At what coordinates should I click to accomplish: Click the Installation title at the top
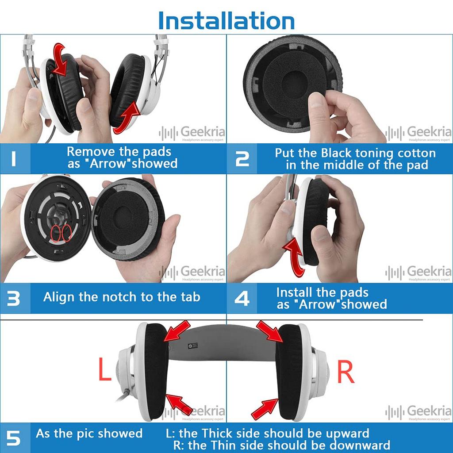point(226,20)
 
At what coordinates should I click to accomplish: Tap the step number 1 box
point(15,158)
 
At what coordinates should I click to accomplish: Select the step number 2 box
point(242,158)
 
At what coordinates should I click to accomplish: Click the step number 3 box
point(15,298)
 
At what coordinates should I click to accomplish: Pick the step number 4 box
point(242,298)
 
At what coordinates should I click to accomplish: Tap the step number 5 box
point(15,438)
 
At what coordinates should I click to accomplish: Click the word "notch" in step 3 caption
point(119,297)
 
